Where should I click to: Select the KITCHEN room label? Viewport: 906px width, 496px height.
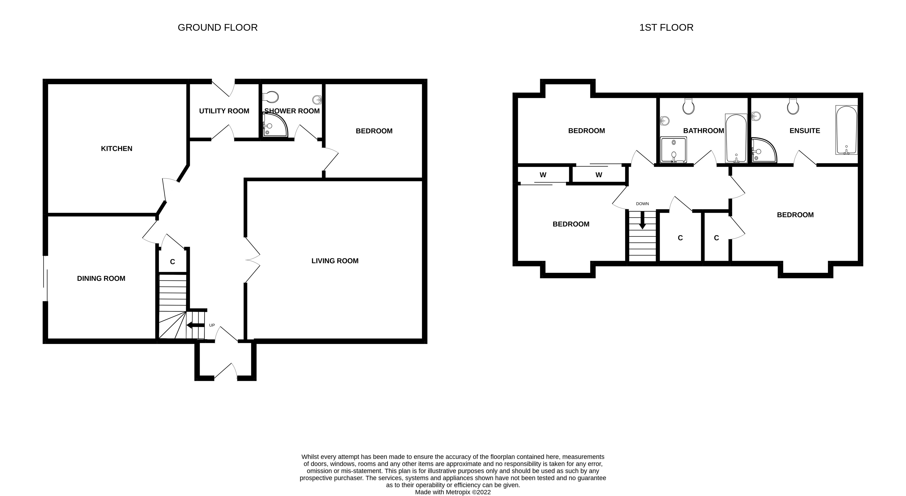click(117, 149)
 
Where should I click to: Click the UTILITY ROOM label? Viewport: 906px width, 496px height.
click(224, 111)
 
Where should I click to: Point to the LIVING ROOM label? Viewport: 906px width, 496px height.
click(335, 261)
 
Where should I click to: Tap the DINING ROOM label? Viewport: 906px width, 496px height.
click(101, 278)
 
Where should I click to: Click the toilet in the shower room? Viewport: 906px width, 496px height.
click(271, 97)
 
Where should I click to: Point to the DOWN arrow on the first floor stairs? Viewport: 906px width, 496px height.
click(642, 221)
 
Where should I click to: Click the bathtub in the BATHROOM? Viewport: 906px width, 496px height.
click(736, 138)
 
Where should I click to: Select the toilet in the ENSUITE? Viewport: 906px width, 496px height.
click(793, 106)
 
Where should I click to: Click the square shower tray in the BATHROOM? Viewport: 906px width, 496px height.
click(673, 150)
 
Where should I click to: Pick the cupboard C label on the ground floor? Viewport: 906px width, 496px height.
click(172, 262)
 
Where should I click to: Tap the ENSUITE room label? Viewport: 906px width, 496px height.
click(804, 131)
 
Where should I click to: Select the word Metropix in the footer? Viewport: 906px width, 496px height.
click(458, 492)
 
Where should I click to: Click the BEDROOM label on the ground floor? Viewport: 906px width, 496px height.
click(374, 131)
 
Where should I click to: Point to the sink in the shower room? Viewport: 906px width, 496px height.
click(317, 100)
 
